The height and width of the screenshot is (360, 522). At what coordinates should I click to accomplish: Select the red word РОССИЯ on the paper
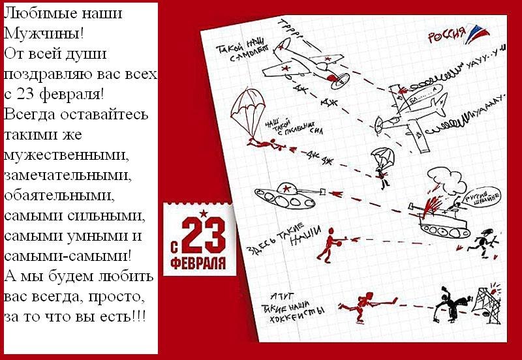point(446,36)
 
